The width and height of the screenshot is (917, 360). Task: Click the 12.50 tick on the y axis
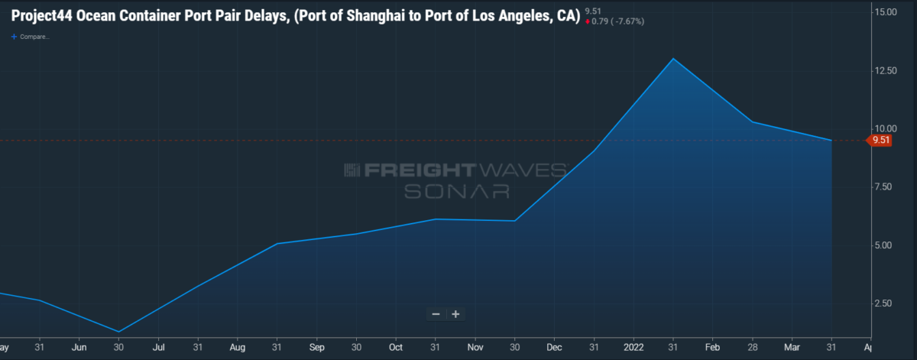886,70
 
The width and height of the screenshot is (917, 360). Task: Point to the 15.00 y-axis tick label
886,12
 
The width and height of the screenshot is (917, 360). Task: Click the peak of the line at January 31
673,59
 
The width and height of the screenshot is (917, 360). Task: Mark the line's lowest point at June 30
119,332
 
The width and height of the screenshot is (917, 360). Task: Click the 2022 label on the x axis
633,346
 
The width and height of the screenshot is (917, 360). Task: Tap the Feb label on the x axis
712,346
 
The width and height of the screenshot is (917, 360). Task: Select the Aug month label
238,346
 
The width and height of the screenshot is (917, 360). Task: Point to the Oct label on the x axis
395,346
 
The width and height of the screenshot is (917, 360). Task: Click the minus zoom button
436,314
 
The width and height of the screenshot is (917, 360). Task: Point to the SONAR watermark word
456,191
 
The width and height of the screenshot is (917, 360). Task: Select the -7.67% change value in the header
626,21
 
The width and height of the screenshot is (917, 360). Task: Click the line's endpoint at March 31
831,141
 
